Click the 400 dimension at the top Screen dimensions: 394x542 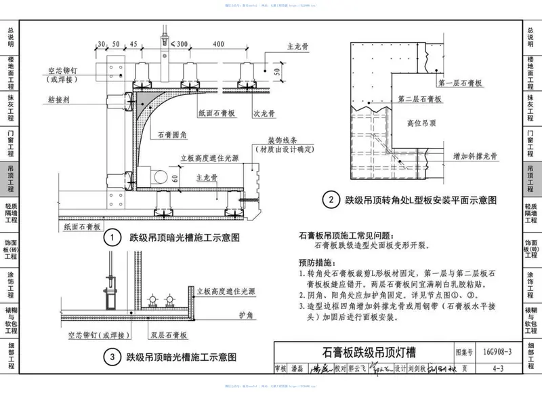tap(217, 44)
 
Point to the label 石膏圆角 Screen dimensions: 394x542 tap(171, 135)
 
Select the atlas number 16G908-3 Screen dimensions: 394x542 tap(498, 352)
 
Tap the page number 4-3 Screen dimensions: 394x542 tap(498, 370)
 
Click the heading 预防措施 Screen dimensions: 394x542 tap(318, 262)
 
